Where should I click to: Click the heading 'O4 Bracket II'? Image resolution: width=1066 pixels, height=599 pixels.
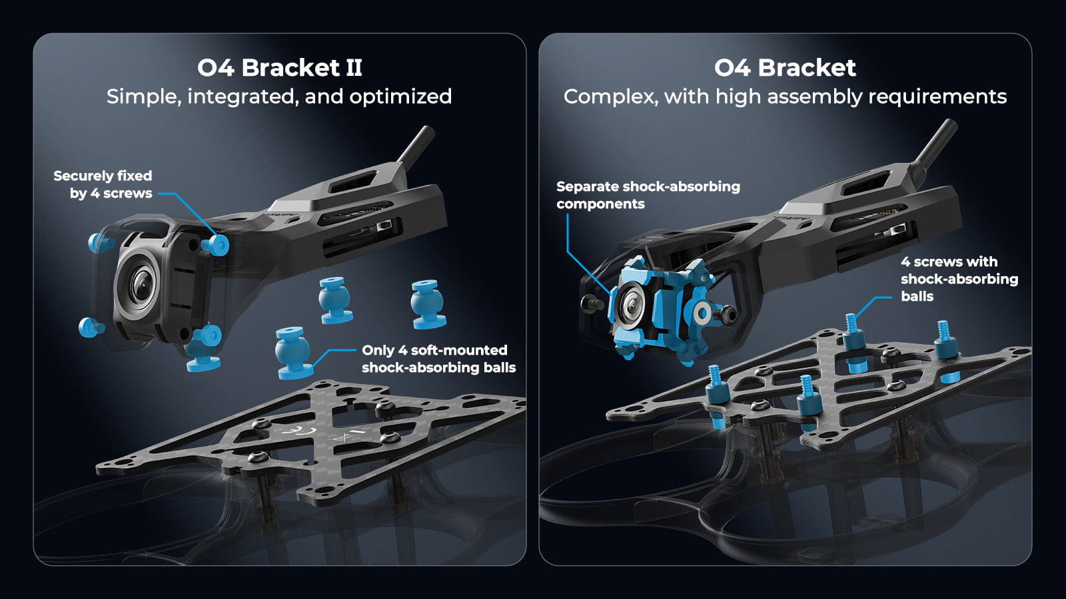point(279,68)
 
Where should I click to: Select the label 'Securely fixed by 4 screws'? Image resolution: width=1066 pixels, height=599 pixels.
point(103,184)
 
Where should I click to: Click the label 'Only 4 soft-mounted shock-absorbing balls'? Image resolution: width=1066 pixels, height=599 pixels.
point(438,359)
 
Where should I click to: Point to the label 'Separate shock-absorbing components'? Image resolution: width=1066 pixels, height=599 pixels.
point(647,195)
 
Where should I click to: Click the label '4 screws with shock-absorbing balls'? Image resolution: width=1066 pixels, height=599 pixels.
point(958,279)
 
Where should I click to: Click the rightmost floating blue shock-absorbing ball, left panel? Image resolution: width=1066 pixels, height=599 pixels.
point(426,304)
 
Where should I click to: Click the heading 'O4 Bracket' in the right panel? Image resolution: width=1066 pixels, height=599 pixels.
point(784,68)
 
